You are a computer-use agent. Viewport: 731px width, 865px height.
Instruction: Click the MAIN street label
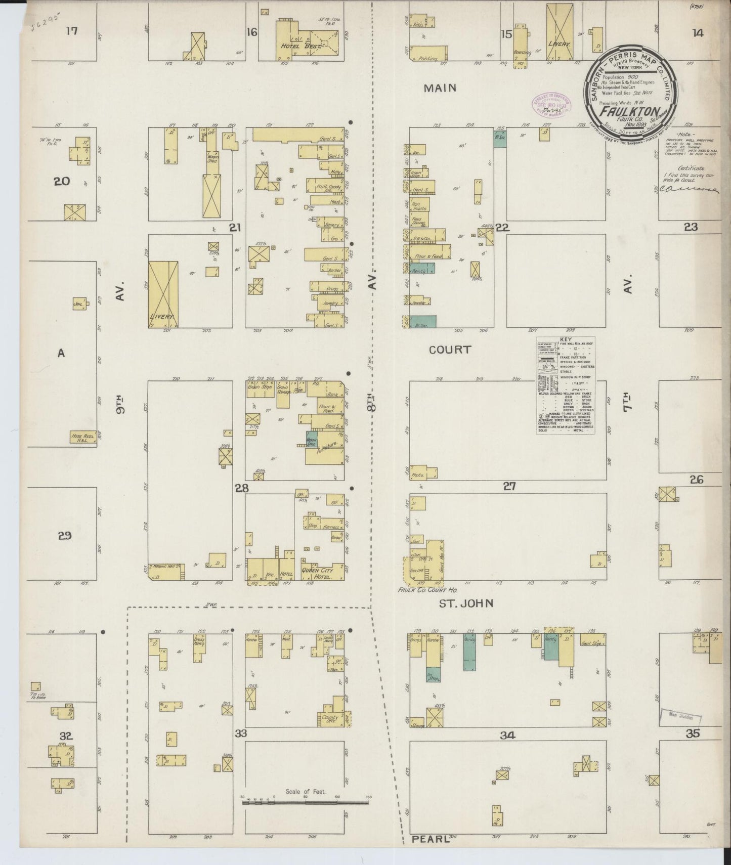pyautogui.click(x=440, y=88)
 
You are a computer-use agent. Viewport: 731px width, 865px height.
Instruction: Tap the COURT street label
pyautogui.click(x=450, y=350)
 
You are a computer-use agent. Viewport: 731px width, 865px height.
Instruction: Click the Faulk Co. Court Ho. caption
pyautogui.click(x=420, y=590)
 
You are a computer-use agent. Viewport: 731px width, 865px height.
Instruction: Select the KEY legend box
pyautogui.click(x=566, y=385)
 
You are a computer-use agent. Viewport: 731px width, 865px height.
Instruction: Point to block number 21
pyautogui.click(x=234, y=228)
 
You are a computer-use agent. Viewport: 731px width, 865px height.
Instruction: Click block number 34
pyautogui.click(x=507, y=735)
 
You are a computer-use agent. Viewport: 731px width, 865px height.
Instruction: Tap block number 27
pyautogui.click(x=509, y=486)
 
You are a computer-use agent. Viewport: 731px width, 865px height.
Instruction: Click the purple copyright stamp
pyautogui.click(x=550, y=103)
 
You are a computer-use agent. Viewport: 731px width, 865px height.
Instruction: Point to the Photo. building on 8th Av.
pyautogui.click(x=423, y=472)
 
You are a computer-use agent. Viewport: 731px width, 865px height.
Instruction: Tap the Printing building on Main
pyautogui.click(x=428, y=54)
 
